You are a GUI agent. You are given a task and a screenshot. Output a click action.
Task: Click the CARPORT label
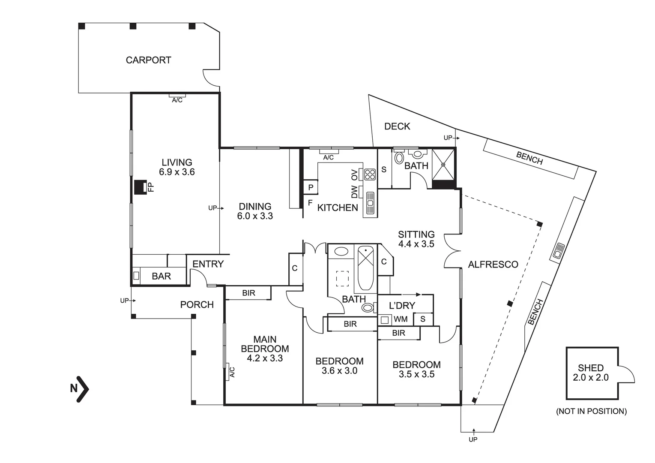tap(148, 60)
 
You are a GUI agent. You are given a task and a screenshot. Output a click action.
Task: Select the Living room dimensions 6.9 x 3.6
tap(176, 172)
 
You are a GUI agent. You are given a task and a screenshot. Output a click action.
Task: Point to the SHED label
tap(590, 368)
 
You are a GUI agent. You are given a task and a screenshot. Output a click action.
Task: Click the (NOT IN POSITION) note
tap(591, 411)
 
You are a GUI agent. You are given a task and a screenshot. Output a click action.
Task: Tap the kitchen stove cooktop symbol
tap(370, 174)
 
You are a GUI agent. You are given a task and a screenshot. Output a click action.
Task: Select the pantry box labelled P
tap(311, 187)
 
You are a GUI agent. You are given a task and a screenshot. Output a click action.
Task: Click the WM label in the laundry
tap(401, 319)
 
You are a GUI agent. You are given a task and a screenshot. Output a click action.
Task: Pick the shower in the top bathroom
tap(443, 164)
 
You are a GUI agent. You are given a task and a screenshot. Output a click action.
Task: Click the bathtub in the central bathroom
tap(366, 268)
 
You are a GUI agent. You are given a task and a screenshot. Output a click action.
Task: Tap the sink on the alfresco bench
tap(559, 251)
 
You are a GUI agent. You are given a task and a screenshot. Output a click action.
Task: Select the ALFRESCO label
tap(493, 265)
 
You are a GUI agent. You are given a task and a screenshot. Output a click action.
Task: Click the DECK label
tap(397, 126)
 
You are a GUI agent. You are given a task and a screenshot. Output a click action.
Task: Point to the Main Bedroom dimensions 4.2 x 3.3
tap(264, 358)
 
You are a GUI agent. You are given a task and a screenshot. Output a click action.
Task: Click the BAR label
tap(161, 277)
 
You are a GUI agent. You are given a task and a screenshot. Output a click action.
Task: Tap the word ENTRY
tap(208, 264)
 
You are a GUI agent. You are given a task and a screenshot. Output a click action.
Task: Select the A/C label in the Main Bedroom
tap(232, 372)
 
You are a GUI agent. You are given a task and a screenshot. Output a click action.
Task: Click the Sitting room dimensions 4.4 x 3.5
tap(416, 244)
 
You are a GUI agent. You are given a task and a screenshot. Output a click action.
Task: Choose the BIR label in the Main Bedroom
tap(248, 293)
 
